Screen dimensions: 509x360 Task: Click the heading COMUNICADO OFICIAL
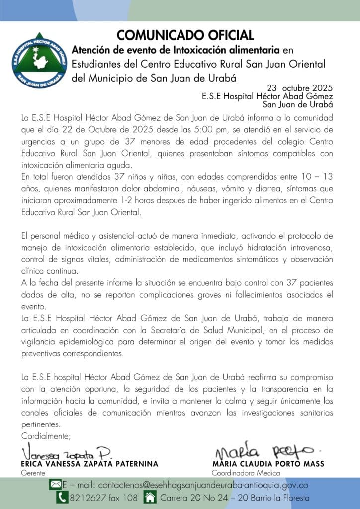coord(185,35)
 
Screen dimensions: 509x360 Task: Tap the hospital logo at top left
coord(39,60)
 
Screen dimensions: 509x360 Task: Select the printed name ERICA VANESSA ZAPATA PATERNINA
coord(90,464)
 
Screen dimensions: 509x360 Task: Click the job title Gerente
coord(33,473)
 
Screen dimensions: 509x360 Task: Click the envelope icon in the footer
coord(55,484)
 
